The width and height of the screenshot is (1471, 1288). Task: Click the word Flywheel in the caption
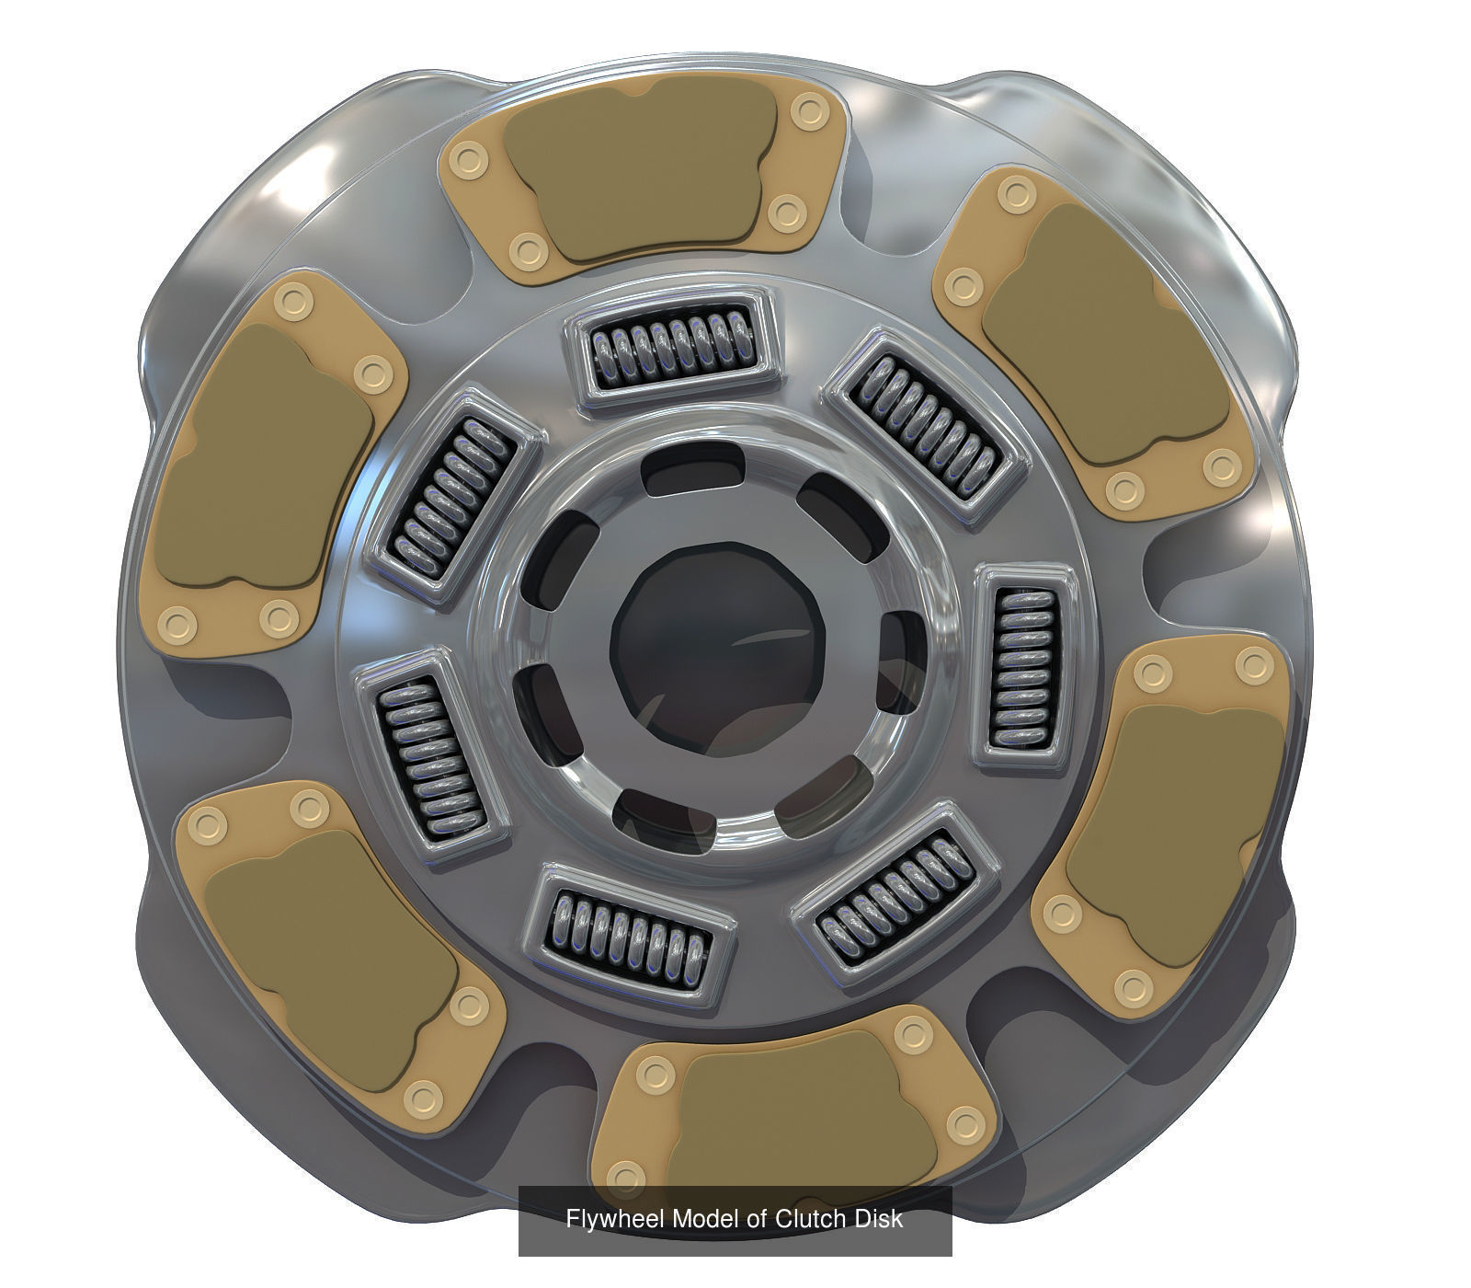click(x=615, y=1219)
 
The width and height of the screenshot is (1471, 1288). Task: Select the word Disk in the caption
click(x=879, y=1219)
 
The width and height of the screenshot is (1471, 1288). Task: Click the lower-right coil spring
click(x=895, y=893)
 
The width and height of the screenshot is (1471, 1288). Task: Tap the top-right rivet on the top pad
click(x=809, y=111)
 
